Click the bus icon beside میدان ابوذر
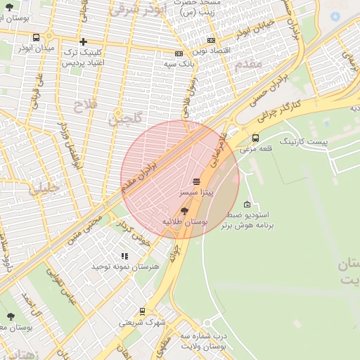[36, 38]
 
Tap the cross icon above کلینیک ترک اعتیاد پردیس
[84, 42]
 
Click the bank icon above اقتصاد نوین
[179, 53]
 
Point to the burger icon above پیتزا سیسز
[195, 181]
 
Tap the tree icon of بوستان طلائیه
[185, 210]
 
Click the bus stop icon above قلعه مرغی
[255, 139]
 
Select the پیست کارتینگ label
[303, 142]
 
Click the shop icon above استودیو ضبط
[247, 204]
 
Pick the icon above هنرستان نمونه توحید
[124, 257]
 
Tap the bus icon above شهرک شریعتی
[143, 311]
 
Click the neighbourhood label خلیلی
[44, 188]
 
